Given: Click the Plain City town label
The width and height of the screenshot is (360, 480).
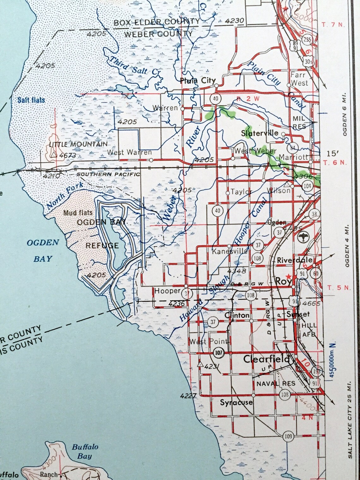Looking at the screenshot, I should point(197,81).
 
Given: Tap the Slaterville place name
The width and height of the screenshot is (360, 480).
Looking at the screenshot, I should point(260,133).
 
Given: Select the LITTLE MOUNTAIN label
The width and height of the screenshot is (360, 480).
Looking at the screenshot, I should point(78,144).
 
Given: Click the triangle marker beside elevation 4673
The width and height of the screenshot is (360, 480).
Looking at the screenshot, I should point(54,155).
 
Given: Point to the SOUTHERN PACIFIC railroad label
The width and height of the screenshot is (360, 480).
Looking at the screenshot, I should point(108,174).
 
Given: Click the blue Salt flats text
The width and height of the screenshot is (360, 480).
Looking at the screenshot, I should point(31,100).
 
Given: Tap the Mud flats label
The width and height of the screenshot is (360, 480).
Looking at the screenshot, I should point(78,213).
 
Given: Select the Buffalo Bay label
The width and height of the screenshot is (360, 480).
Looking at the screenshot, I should point(85,451).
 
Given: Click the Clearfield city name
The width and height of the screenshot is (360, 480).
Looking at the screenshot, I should point(266,359).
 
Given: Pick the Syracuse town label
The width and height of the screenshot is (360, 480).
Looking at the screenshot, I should point(236,402).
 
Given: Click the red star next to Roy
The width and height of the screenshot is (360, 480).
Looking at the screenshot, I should point(288,276).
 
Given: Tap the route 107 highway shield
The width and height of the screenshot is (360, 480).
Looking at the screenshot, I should point(219,353).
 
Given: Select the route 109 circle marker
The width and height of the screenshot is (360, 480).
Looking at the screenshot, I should point(288,436).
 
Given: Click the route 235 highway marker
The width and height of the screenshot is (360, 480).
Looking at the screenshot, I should point(307,39).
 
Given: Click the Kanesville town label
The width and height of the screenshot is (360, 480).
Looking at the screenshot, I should point(230,251).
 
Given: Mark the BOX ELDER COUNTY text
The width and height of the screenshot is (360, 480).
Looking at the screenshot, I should point(156,22).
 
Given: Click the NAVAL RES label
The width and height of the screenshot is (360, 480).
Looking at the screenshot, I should point(276,383).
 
